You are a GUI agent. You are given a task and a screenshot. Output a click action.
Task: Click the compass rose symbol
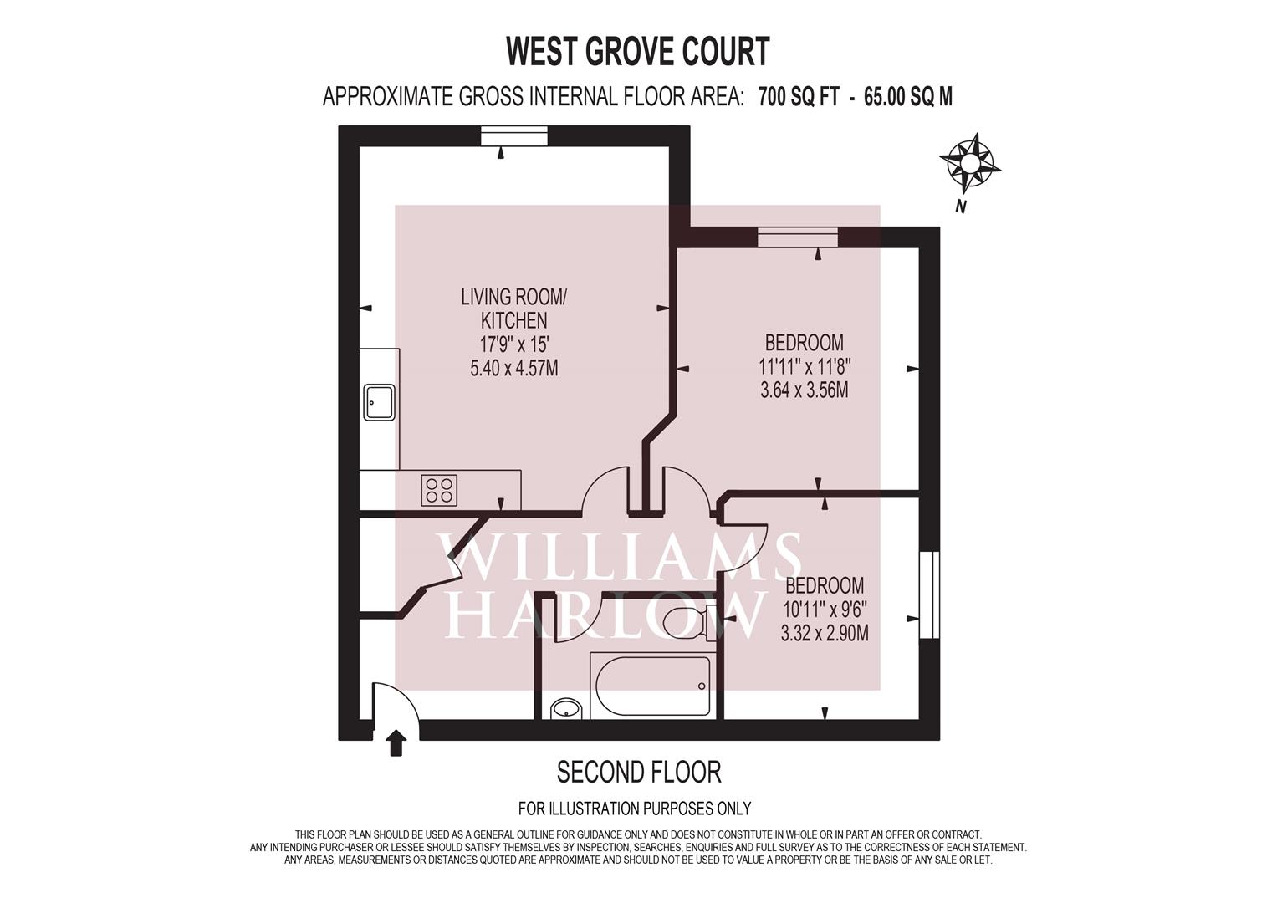coord(969,162)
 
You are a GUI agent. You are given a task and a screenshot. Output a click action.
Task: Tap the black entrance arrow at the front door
coord(396,742)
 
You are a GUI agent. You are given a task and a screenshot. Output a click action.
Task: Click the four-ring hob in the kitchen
coord(439,489)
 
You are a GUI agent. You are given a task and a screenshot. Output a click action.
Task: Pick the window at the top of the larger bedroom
coord(797,238)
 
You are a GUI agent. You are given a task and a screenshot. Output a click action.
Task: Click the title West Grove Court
coord(638,52)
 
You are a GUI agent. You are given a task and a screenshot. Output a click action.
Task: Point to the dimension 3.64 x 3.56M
coord(804,390)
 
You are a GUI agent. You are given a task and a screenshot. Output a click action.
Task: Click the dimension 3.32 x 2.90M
coord(824,633)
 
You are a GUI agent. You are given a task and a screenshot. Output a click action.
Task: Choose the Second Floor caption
coord(638,771)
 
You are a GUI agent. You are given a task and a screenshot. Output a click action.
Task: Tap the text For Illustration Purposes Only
coord(634,809)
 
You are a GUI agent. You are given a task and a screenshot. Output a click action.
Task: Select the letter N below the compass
coord(961,207)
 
